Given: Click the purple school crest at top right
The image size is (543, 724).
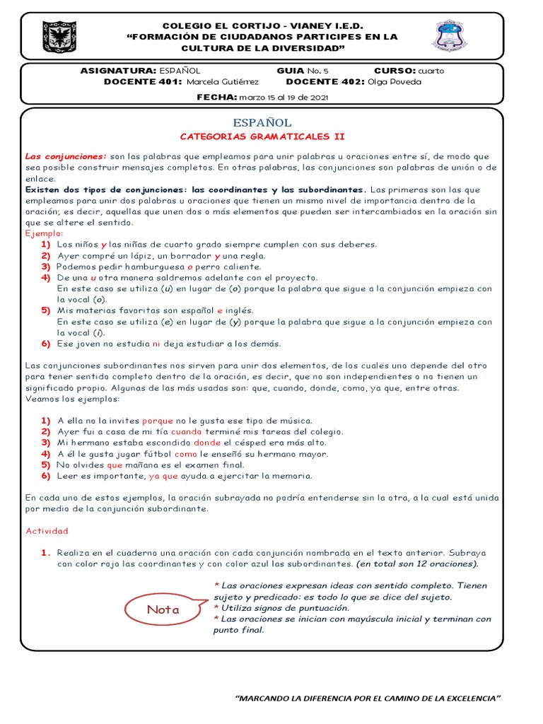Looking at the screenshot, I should pyautogui.click(x=448, y=36).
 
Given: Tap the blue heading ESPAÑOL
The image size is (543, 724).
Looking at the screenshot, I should pyautogui.click(x=262, y=123).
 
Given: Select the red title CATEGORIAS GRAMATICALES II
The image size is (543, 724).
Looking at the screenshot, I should pyautogui.click(x=262, y=136).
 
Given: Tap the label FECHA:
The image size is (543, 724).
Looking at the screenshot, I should pyautogui.click(x=217, y=97).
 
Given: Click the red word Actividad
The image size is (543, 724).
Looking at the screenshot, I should pyautogui.click(x=47, y=530).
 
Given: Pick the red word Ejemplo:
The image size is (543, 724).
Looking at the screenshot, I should pyautogui.click(x=45, y=233).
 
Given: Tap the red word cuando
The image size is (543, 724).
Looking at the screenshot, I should pyautogui.click(x=186, y=431).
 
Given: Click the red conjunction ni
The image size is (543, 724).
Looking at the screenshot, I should pyautogui.click(x=156, y=344).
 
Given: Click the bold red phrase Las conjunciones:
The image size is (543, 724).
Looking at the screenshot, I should pyautogui.click(x=66, y=156).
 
